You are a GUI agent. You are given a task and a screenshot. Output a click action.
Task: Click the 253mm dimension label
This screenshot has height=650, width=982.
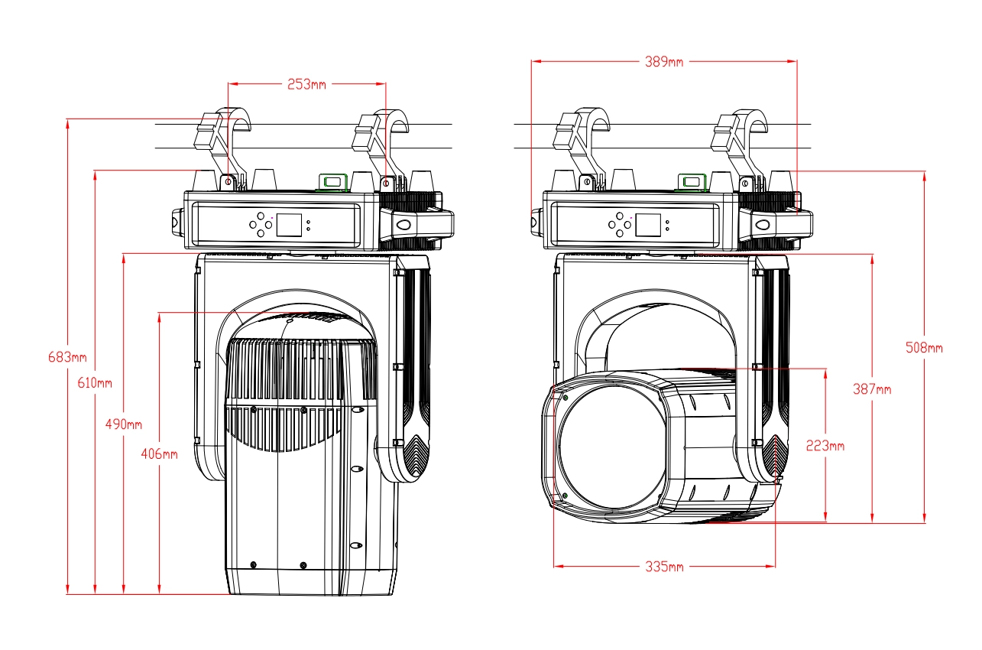pyautogui.click(x=306, y=84)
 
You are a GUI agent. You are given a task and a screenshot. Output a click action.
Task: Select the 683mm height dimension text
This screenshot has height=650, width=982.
pyautogui.click(x=67, y=357)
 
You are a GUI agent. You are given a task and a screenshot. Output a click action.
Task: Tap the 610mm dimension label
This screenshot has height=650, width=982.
pyautogui.click(x=95, y=382)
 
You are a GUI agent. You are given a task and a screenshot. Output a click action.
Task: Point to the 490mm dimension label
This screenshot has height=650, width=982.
pyautogui.click(x=123, y=424)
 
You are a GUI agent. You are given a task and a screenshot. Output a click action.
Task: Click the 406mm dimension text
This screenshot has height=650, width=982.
pyautogui.click(x=159, y=454)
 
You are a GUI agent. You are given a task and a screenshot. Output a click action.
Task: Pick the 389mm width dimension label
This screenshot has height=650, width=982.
pyautogui.click(x=664, y=61)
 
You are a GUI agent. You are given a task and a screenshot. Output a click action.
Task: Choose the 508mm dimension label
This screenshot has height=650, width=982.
pyautogui.click(x=924, y=348)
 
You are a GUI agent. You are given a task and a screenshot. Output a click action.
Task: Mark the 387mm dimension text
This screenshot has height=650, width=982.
pyautogui.click(x=872, y=389)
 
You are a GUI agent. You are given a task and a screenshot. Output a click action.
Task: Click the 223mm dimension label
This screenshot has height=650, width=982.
pyautogui.click(x=825, y=446)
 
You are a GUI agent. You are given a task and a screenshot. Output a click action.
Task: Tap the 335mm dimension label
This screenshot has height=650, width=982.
pyautogui.click(x=664, y=567)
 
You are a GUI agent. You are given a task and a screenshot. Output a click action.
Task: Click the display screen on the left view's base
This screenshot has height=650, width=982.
pyautogui.click(x=288, y=225)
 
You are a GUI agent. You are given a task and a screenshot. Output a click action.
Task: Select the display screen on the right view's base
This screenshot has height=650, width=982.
pyautogui.click(x=648, y=225)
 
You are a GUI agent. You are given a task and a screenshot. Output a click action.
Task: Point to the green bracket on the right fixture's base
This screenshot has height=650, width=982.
pyautogui.click(x=693, y=181)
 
